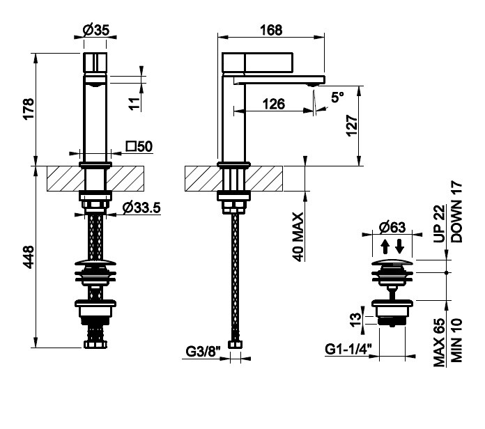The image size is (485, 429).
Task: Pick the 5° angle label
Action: tap(338, 98)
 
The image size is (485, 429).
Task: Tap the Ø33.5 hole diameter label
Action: tap(143, 207)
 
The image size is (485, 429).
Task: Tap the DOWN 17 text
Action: tap(456, 211)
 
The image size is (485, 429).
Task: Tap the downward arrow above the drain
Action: tap(399, 247)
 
